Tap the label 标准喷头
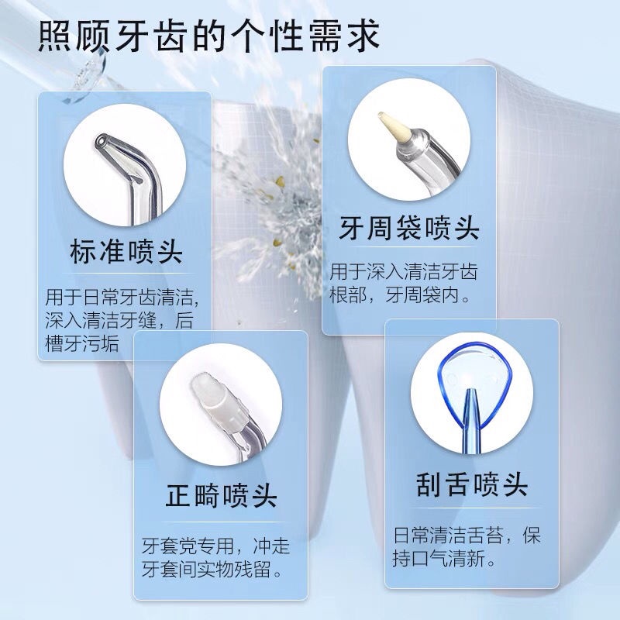(x=126, y=251)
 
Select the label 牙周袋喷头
(x=409, y=228)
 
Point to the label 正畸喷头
(x=221, y=495)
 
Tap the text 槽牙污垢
(x=82, y=343)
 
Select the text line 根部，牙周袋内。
(x=400, y=294)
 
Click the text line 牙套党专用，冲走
(x=216, y=546)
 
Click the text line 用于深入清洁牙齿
(x=404, y=272)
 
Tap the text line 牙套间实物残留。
(x=212, y=569)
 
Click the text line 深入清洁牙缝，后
(x=119, y=320)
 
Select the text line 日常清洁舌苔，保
(x=467, y=535)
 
